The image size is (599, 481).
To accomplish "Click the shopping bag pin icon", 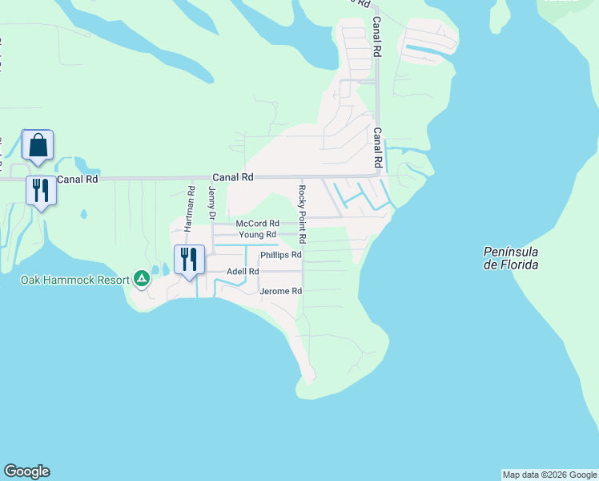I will [x=38, y=146].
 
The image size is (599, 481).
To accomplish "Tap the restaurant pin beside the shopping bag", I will [x=40, y=191].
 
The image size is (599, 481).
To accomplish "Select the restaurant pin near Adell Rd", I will [x=189, y=260].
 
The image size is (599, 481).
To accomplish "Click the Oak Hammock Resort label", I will [x=74, y=280].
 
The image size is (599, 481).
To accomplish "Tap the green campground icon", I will [x=141, y=279].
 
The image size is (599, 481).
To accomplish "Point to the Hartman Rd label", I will [x=190, y=209].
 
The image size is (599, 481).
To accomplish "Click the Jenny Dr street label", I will [x=212, y=204].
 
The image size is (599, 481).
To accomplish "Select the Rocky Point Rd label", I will [x=302, y=214].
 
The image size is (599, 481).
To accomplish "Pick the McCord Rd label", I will [x=257, y=224].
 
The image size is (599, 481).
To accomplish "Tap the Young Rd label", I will [x=257, y=234].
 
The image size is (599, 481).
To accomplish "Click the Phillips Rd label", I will [x=280, y=255].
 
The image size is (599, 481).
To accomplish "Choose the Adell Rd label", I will [x=243, y=272].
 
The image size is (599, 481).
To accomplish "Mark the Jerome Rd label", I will [x=280, y=291].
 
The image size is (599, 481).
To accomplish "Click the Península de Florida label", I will [x=511, y=258].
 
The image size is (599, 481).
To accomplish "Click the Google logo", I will [x=26, y=471].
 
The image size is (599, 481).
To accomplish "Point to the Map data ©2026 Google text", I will [x=549, y=475].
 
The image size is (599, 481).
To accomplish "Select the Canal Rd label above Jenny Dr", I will [x=232, y=177].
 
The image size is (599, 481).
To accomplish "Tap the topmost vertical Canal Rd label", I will [x=375, y=38].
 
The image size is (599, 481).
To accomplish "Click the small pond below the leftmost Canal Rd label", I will [x=82, y=214].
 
